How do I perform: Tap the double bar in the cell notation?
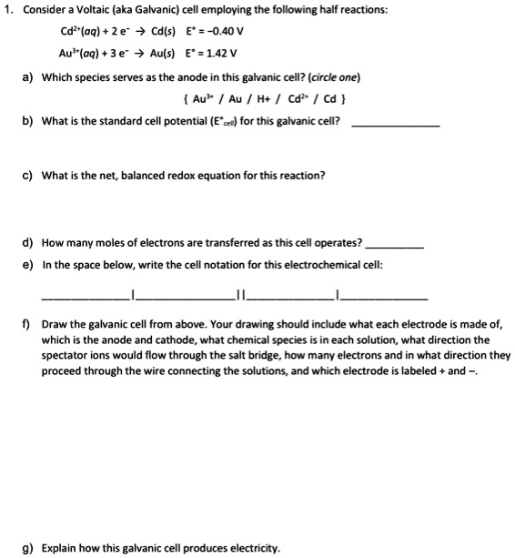pos(239,294)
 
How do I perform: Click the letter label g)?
pos(27,548)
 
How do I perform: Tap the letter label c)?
pos(27,175)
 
